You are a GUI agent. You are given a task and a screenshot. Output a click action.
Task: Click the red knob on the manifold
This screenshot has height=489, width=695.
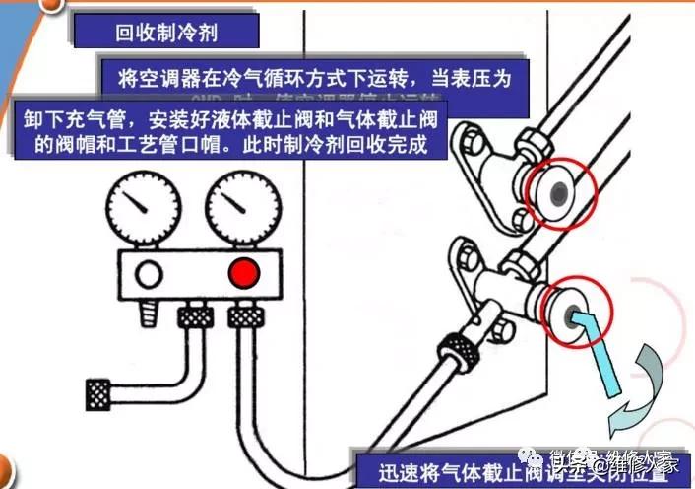[x=242, y=272]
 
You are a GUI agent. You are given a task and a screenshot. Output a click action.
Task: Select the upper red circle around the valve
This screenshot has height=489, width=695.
[x=558, y=189]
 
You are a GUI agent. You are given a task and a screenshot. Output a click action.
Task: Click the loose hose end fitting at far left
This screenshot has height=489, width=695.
[x=100, y=392]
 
